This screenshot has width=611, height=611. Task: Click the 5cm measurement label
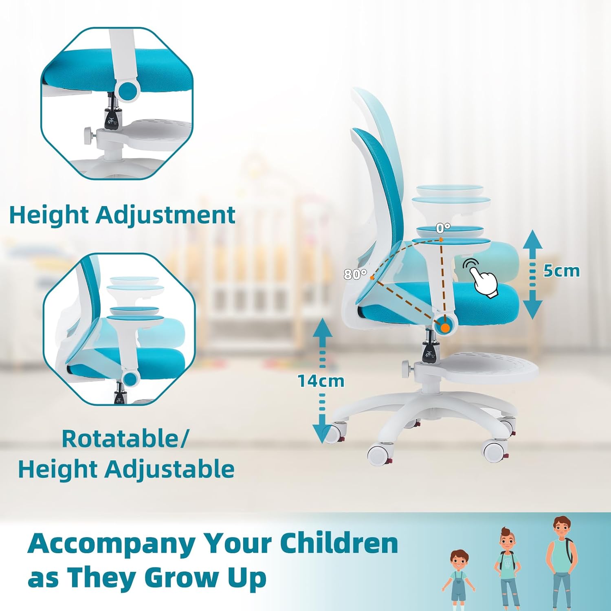561,271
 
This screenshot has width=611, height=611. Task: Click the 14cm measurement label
321,381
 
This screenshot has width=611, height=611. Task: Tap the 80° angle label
355,275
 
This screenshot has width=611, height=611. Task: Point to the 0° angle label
443,228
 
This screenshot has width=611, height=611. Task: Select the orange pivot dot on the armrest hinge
446,327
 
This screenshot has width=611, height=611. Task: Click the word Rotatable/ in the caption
125,439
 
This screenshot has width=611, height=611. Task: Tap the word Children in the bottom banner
339,543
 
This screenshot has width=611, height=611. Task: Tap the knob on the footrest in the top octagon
89,134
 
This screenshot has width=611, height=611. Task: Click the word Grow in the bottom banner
180,578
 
